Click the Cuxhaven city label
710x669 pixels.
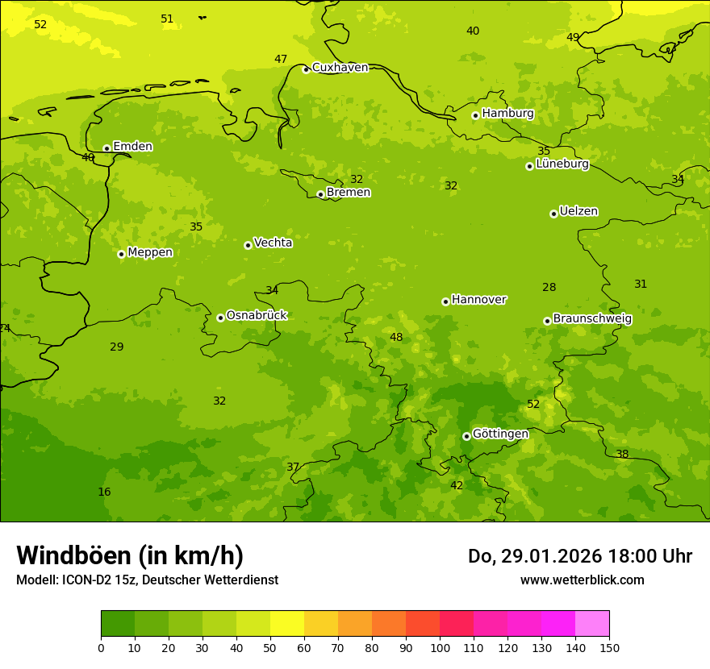click(340, 68)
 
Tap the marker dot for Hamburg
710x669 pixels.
click(475, 115)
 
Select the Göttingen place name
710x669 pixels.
click(500, 434)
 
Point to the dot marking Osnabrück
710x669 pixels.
click(220, 318)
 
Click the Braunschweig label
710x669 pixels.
click(592, 319)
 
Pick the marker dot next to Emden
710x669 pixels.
click(106, 148)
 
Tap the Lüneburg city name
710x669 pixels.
click(562, 164)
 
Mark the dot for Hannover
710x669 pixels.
click(445, 301)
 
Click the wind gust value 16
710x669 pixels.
click(104, 492)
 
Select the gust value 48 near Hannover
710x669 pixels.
click(396, 338)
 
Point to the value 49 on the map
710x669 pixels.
click(573, 38)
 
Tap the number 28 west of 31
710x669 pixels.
click(549, 288)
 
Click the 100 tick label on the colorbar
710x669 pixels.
click(440, 647)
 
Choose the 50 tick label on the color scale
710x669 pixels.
click(270, 647)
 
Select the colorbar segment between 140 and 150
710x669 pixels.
click(592, 624)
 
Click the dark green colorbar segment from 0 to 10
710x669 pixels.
click(118, 624)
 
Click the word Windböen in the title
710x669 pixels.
click(73, 556)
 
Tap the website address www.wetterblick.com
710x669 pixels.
click(582, 580)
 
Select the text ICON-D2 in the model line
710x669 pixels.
click(89, 580)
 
